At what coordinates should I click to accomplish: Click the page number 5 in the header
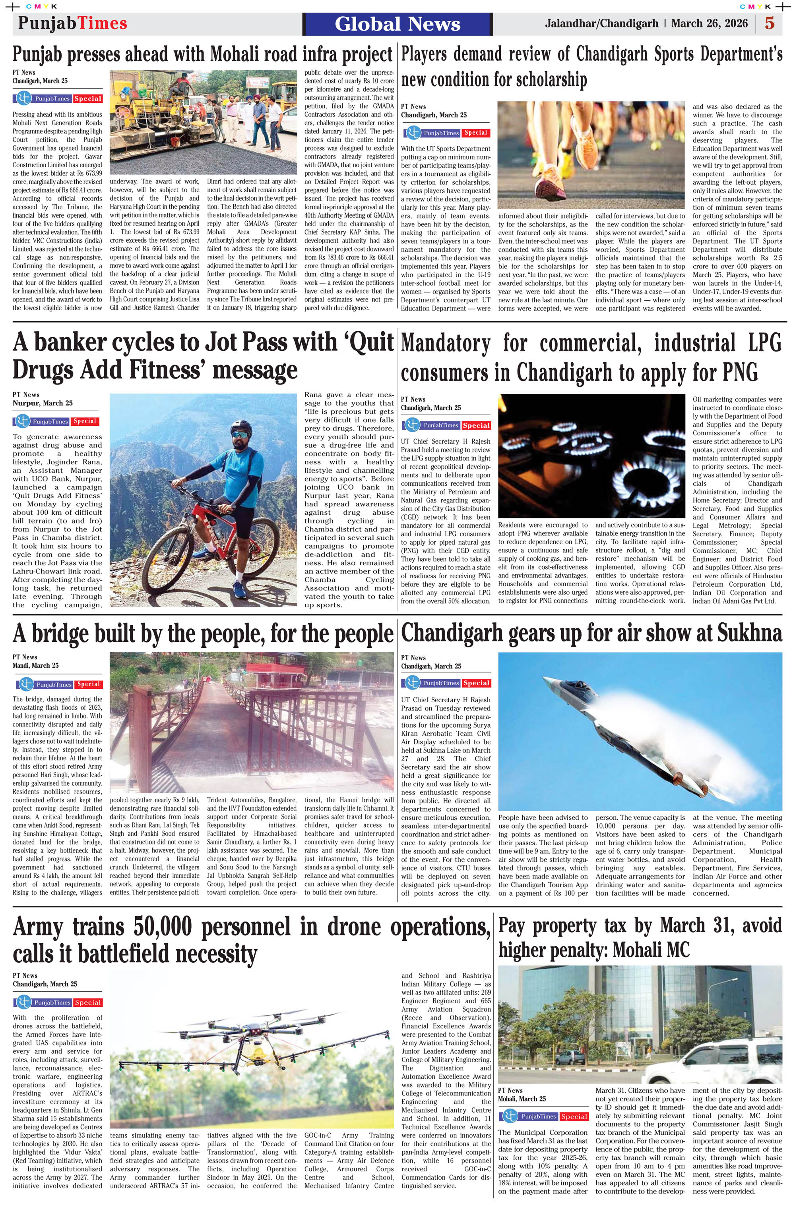click(769, 23)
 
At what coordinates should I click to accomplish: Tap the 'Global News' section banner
click(397, 24)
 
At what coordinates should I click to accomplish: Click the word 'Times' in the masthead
click(102, 23)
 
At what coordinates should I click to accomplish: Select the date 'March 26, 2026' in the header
click(709, 23)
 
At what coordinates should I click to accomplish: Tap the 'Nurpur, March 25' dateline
click(43, 403)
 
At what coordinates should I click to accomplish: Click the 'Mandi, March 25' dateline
click(36, 665)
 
